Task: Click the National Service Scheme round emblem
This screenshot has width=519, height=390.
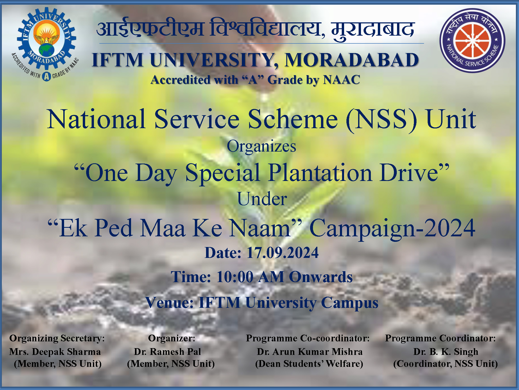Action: (x=472, y=41)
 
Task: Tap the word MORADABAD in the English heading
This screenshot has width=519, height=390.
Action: (x=352, y=60)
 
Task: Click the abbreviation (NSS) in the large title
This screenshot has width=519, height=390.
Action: (x=381, y=119)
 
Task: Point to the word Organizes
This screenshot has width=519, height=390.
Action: (x=261, y=146)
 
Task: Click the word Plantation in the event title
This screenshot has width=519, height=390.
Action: (x=320, y=173)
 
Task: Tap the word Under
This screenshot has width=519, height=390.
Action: (x=262, y=199)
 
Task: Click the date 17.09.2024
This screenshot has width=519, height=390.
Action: (x=283, y=253)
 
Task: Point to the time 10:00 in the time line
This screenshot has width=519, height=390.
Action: (x=235, y=277)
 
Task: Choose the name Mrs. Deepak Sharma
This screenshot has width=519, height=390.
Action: (x=55, y=352)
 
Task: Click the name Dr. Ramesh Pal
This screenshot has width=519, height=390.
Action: (x=167, y=352)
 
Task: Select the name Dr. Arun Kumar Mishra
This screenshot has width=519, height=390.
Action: (x=310, y=352)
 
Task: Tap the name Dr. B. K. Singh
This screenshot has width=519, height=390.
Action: (x=446, y=352)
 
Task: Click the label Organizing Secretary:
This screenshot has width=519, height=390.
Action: (x=57, y=338)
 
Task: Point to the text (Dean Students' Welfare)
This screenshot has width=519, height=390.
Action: (x=309, y=364)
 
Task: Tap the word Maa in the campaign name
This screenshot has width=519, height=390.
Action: (x=163, y=228)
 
